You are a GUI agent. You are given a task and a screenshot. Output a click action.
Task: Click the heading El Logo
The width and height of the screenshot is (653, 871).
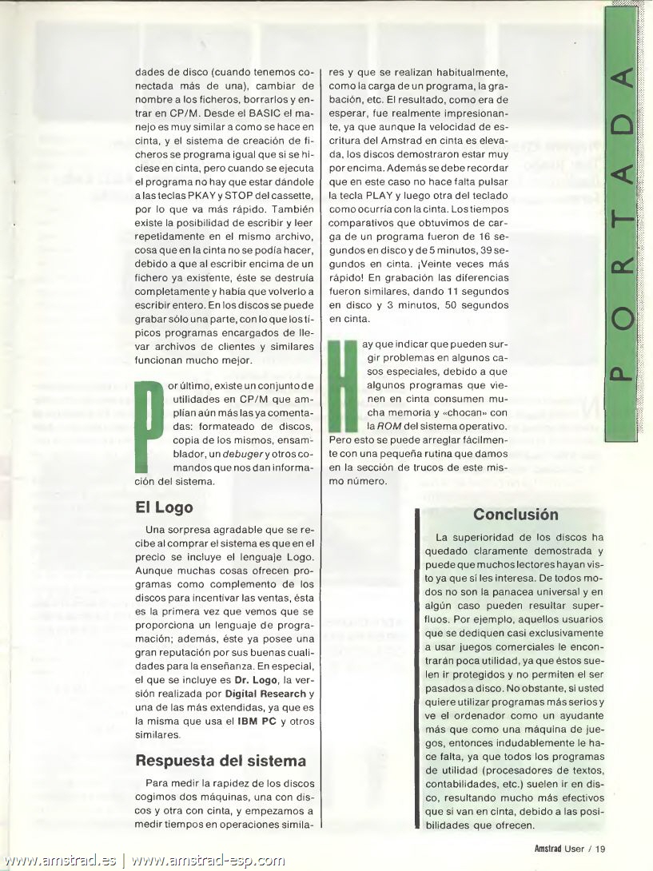164,507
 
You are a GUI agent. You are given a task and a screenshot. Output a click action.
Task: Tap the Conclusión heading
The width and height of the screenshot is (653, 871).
515,515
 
